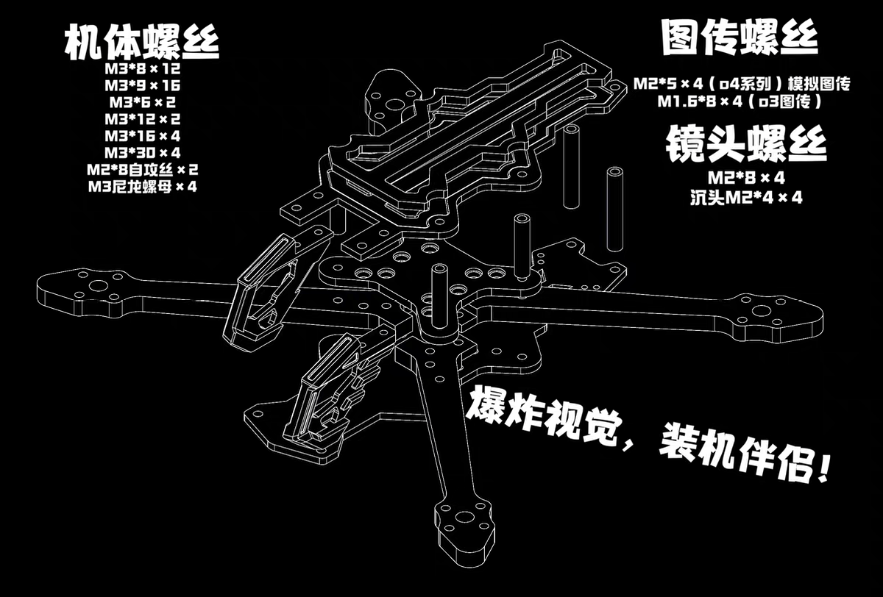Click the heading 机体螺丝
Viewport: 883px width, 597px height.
(x=142, y=42)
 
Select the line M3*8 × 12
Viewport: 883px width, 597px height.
(x=142, y=69)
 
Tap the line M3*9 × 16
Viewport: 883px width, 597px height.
(x=142, y=85)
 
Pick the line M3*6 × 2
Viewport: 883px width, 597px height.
(x=142, y=102)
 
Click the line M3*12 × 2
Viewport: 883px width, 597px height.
(x=142, y=119)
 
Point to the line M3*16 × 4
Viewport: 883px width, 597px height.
(x=142, y=136)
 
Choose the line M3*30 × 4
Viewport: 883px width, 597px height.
(x=142, y=152)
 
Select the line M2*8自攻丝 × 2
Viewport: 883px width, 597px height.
(x=142, y=170)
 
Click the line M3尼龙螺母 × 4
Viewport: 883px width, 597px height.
(x=142, y=186)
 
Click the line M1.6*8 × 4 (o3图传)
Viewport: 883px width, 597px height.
(x=740, y=101)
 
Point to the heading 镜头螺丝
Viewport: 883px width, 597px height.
(x=746, y=144)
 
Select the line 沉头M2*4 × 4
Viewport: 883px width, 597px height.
(x=746, y=197)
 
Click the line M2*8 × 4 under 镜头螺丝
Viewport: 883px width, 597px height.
(x=746, y=178)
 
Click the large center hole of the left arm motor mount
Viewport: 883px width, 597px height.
(x=97, y=286)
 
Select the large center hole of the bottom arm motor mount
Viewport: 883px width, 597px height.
(x=464, y=518)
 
